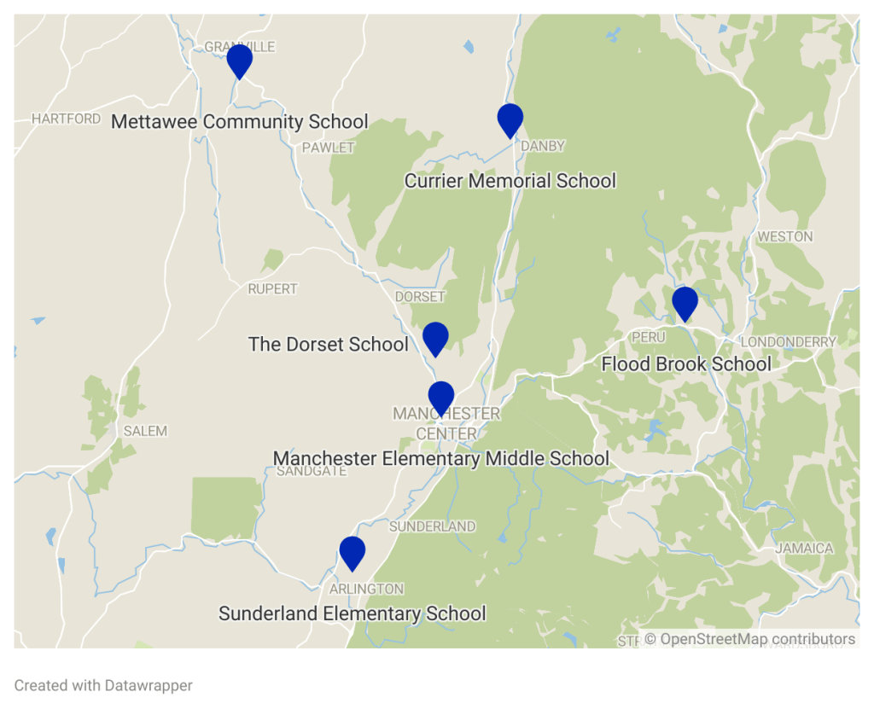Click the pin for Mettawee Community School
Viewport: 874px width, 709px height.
pyautogui.click(x=240, y=61)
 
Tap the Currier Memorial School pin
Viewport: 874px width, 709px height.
pyautogui.click(x=510, y=119)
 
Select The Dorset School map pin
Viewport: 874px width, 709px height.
pyautogui.click(x=435, y=338)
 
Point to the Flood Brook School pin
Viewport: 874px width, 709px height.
pyautogui.click(x=685, y=303)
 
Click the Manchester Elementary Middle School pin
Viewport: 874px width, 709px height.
pyautogui.click(x=440, y=398)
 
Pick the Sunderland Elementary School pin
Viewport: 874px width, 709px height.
pyautogui.click(x=352, y=552)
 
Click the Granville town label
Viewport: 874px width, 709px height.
pyautogui.click(x=240, y=47)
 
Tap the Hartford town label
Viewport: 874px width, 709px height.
pyautogui.click(x=67, y=119)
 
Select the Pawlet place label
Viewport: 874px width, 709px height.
pyautogui.click(x=328, y=148)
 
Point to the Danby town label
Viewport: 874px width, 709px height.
pyautogui.click(x=543, y=146)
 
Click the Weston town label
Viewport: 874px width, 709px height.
pyautogui.click(x=785, y=236)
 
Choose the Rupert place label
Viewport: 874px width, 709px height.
pyautogui.click(x=272, y=289)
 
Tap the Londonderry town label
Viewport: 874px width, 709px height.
pyautogui.click(x=788, y=342)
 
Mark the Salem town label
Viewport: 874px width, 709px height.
pyautogui.click(x=145, y=431)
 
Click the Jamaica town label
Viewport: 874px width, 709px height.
pyautogui.click(x=804, y=548)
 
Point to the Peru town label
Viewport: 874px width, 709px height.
pyautogui.click(x=648, y=338)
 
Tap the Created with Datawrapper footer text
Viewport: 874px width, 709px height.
pyautogui.click(x=103, y=685)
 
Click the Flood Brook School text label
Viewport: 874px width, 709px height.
pyautogui.click(x=686, y=364)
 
